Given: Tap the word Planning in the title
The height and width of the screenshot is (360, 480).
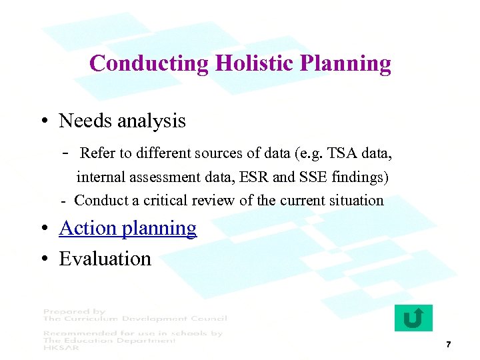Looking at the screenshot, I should coord(345,63).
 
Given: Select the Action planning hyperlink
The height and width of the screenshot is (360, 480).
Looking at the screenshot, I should coord(127,228).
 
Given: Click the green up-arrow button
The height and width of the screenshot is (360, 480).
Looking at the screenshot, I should coord(413,318).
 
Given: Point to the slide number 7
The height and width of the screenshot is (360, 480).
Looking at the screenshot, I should coord(449,345).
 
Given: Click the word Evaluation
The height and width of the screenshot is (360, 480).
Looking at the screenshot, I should coord(105,259).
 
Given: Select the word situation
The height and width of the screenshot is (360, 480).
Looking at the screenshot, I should coord(357,201).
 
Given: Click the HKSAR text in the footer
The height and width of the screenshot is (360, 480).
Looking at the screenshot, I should coord(60,348).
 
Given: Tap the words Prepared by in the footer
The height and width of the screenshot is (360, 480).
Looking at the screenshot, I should coord(75,311).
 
